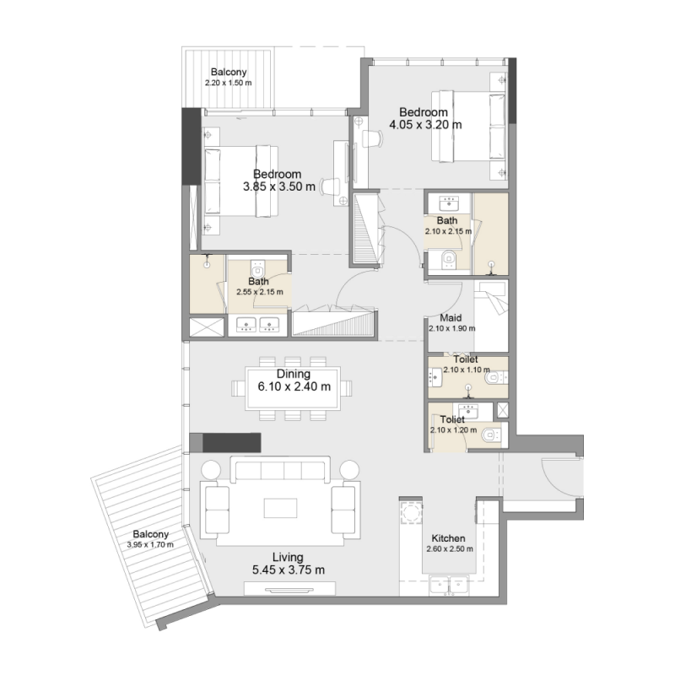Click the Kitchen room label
tap(448, 538)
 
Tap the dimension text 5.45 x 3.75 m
tap(288, 570)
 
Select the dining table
tap(293, 388)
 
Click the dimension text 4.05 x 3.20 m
tap(425, 125)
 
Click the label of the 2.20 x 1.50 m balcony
tap(229, 72)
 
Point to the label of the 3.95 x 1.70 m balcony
tap(150, 534)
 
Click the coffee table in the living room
tap(280, 507)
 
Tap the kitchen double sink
tap(448, 583)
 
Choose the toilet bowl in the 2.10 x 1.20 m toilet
tap(490, 436)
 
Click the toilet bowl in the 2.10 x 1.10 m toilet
tap(494, 379)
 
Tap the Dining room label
tap(293, 374)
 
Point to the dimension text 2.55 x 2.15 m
tap(259, 292)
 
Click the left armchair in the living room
tap(217, 509)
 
